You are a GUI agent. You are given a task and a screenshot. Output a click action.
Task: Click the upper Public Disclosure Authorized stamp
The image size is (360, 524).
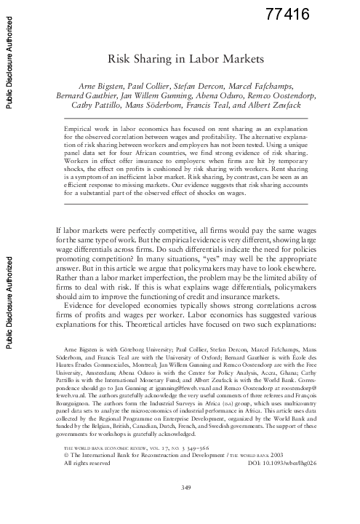(9, 58)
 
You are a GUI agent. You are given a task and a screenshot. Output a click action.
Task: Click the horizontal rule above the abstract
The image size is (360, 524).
(181, 117)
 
